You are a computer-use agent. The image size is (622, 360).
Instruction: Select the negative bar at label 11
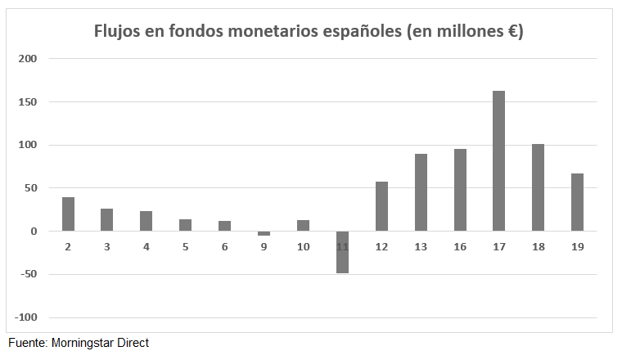point(342,252)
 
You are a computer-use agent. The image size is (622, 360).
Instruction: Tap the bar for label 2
point(68,214)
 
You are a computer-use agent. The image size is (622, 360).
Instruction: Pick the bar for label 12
point(381,206)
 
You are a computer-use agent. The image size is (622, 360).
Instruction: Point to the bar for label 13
point(421,192)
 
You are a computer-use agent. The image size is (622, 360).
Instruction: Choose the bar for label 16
point(460,190)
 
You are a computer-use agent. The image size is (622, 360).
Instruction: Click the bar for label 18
point(538,187)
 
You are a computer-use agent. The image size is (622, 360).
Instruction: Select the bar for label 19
point(577,202)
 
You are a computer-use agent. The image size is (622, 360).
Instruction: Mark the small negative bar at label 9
point(264,233)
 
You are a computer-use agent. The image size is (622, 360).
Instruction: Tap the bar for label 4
point(146,221)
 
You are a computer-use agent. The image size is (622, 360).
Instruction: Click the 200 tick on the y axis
point(28,59)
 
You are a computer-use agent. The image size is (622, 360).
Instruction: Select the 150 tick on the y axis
point(28,102)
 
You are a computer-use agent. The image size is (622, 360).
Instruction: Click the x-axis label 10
point(303,246)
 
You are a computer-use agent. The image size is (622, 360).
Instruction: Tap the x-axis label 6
point(224,246)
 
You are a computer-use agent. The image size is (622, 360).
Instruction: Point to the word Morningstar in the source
point(83,343)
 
